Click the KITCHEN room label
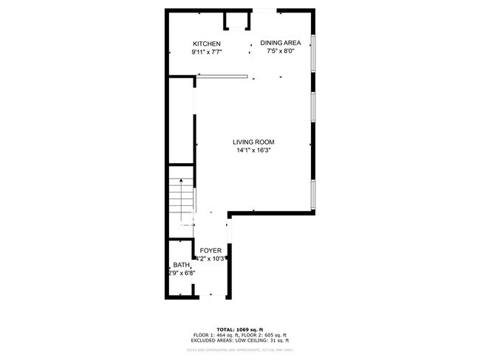click(207, 44)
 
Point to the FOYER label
click(210, 251)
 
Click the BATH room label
click(181, 266)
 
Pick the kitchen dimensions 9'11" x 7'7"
click(207, 52)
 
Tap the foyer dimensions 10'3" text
click(213, 259)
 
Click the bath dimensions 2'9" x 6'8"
click(181, 274)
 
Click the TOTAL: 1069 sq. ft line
click(240, 329)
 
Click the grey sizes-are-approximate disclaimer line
click(240, 349)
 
